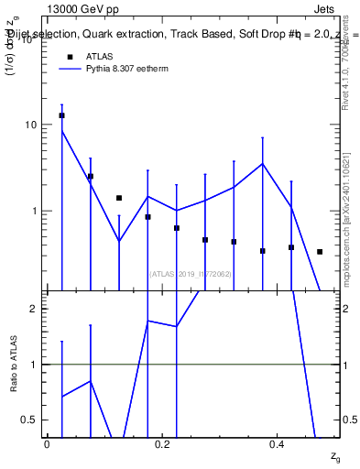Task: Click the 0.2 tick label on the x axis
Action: coord(162,443)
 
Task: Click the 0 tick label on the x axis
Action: coord(47,443)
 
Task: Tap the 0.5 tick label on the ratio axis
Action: coord(31,420)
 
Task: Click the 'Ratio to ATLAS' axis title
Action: coord(15,364)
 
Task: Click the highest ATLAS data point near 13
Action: coord(61,115)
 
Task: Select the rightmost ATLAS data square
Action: coord(320,251)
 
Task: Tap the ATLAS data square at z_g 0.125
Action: coord(119,198)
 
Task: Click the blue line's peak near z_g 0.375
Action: coord(263,164)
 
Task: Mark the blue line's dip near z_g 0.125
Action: coord(119,241)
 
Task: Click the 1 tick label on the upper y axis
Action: coord(35,211)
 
